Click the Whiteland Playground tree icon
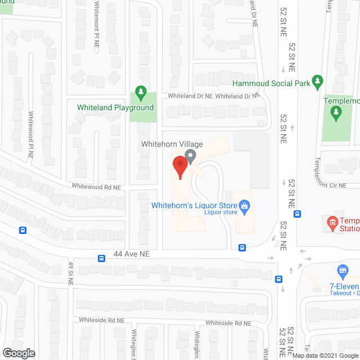139,93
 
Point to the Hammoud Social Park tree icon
318,83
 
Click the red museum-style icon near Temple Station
332,223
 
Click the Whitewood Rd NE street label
96,186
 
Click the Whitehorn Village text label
164,145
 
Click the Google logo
18,353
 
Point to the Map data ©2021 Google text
325,355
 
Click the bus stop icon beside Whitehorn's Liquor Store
242,247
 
